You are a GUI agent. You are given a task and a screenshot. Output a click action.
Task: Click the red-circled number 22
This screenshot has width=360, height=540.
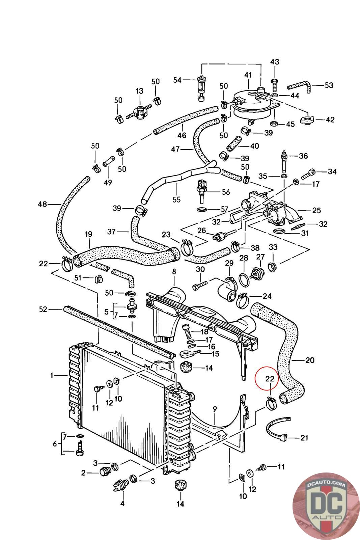(269, 379)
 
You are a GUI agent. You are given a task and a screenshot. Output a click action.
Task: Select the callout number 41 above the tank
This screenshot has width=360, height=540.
(248, 75)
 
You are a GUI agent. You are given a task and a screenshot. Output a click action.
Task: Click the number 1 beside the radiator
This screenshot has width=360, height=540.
(52, 375)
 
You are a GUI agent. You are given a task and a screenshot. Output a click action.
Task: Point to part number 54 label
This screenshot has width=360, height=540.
(177, 80)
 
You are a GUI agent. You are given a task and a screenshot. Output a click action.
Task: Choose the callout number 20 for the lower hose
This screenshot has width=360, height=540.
(309, 360)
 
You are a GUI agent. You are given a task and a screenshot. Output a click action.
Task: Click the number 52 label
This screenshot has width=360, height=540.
(43, 309)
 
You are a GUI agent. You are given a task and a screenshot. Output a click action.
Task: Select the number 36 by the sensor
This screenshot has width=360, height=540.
(303, 156)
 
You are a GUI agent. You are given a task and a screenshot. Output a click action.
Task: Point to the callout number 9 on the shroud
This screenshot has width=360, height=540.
(215, 410)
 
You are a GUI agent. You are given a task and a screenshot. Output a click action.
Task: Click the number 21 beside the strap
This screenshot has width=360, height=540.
(304, 438)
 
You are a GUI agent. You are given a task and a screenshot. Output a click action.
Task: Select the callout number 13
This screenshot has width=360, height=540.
(140, 91)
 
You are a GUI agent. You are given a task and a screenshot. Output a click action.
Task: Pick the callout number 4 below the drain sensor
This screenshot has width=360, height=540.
(122, 504)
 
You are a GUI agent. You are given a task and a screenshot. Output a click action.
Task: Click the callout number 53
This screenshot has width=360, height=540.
(329, 85)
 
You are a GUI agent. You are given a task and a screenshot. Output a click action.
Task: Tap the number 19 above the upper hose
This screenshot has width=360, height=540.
(88, 234)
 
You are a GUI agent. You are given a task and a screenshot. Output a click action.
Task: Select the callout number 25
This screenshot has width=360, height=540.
(316, 211)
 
